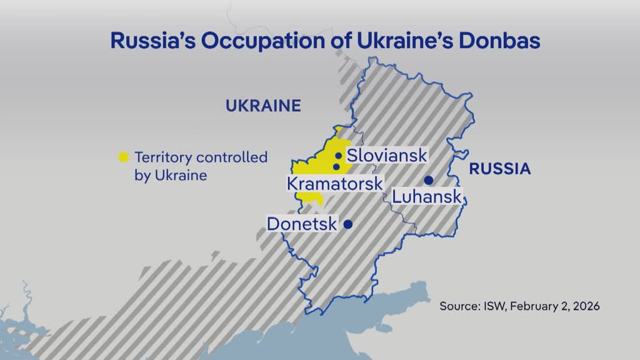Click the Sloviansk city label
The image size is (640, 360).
tap(387, 156)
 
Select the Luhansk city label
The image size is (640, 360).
tap(427, 197)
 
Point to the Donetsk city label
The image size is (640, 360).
tap(302, 224)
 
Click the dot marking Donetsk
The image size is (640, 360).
tap(348, 224)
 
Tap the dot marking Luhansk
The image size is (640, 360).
tap(429, 181)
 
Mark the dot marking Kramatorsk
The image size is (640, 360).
tap(337, 167)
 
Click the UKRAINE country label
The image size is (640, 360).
tap(263, 106)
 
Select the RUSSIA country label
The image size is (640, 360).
tap(500, 168)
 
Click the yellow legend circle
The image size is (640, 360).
tap(124, 157)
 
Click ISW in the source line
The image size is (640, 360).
tap(495, 307)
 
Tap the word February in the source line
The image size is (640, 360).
tap(534, 307)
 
